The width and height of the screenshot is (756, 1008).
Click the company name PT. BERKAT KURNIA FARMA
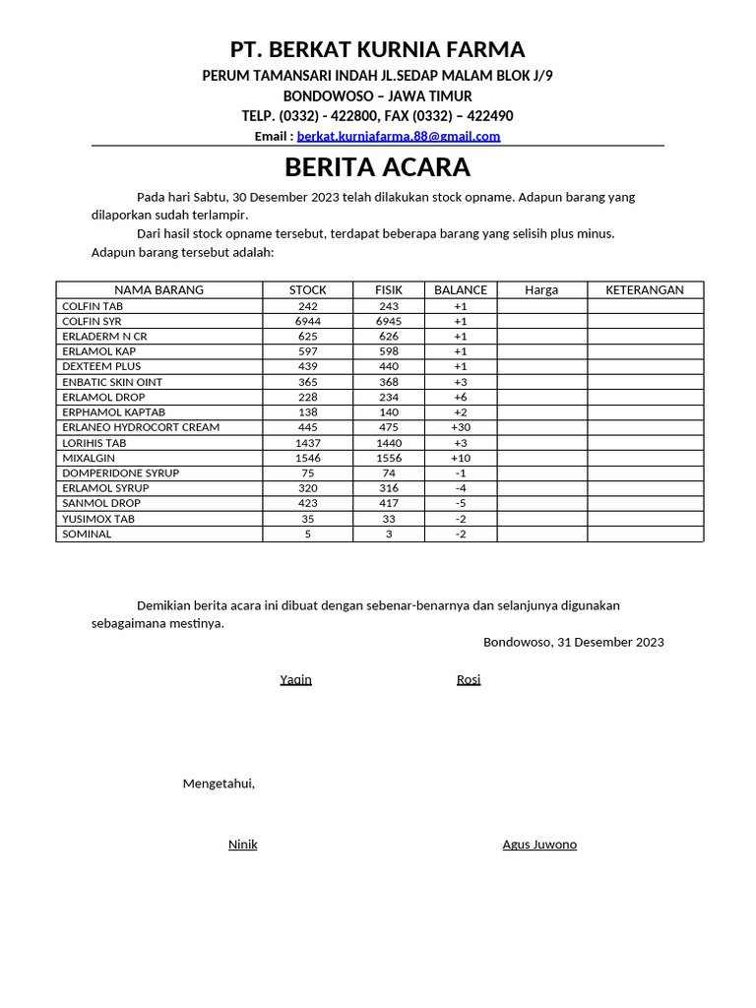pyautogui.click(x=378, y=50)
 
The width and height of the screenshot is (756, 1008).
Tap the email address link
pyautogui.click(x=399, y=136)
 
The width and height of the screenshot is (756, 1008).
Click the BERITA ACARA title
pyautogui.click(x=378, y=166)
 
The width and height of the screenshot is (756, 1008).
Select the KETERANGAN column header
pyautogui.click(x=645, y=289)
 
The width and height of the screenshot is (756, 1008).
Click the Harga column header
pyautogui.click(x=541, y=289)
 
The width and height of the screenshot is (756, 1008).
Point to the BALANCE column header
pyautogui.click(x=461, y=289)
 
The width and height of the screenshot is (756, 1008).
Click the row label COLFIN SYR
pyautogui.click(x=93, y=321)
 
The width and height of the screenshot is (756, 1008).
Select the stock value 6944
pyautogui.click(x=307, y=321)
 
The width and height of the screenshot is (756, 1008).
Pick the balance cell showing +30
pyautogui.click(x=461, y=427)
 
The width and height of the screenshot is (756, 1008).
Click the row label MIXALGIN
pyautogui.click(x=89, y=458)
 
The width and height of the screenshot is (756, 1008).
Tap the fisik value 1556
pyautogui.click(x=389, y=458)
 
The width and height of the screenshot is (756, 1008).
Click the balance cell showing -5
pyautogui.click(x=461, y=503)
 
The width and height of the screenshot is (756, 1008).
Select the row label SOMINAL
pyautogui.click(x=87, y=534)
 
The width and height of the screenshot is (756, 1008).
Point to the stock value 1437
pyautogui.click(x=307, y=443)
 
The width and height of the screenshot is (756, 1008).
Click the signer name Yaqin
pyautogui.click(x=295, y=679)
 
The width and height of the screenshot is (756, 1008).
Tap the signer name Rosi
pyautogui.click(x=469, y=679)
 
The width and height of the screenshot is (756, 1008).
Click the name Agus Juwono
pyautogui.click(x=539, y=845)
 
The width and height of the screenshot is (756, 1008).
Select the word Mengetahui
pyautogui.click(x=219, y=784)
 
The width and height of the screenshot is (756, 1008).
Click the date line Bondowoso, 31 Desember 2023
pyautogui.click(x=573, y=642)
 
